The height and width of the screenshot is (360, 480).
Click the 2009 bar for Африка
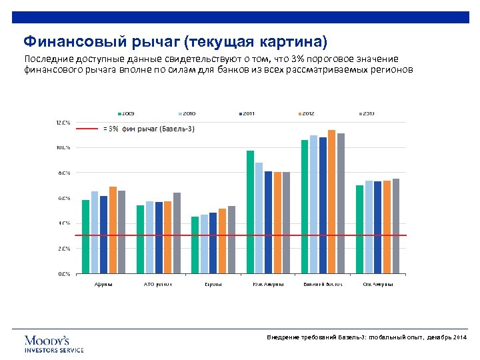85,237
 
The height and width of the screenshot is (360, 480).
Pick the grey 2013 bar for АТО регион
177,233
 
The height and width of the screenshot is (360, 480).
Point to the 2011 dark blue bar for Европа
213,243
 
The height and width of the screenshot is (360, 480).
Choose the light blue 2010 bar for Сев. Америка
369,227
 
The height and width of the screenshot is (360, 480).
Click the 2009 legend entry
126,113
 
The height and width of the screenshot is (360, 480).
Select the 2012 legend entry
307,113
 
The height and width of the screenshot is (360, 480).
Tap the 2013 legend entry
367,113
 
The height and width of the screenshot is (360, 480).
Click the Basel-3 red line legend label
150,128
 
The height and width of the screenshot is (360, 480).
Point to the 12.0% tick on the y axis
62,123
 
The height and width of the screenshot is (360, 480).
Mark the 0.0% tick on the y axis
63,273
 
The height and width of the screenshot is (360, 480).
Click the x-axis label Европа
213,284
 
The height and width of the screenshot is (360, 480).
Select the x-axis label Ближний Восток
323,284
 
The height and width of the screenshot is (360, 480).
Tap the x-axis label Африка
103,284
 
